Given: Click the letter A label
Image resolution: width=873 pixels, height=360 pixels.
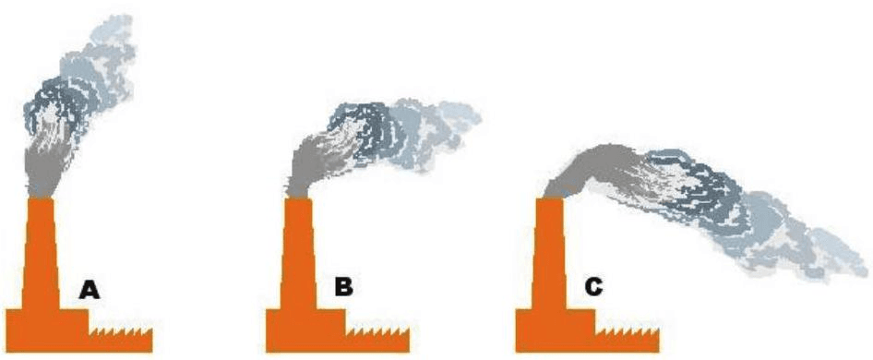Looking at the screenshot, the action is pyautogui.click(x=90, y=291).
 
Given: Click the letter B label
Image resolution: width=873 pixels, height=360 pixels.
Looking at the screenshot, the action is pyautogui.click(x=343, y=288).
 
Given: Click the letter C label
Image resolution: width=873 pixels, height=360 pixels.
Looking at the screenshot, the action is pyautogui.click(x=594, y=288).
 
